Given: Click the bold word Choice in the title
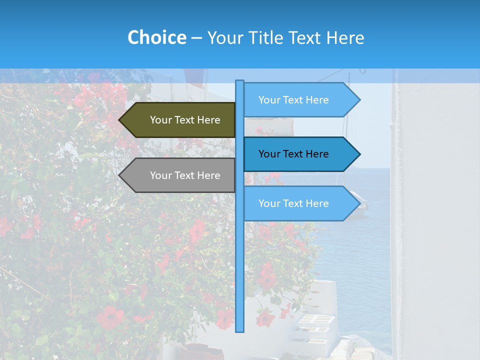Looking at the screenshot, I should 156,37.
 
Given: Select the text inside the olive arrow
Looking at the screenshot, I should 185,120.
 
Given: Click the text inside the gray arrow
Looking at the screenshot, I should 185,175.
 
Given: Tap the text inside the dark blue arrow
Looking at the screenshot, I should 293,154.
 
